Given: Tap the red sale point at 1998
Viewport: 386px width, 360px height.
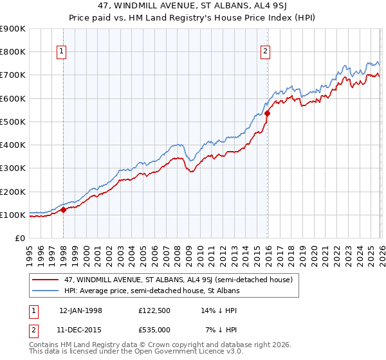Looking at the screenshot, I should (x=64, y=210).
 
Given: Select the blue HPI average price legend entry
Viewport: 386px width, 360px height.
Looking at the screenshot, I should (x=151, y=291).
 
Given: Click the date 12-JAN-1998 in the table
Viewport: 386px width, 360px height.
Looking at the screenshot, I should (x=80, y=310).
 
